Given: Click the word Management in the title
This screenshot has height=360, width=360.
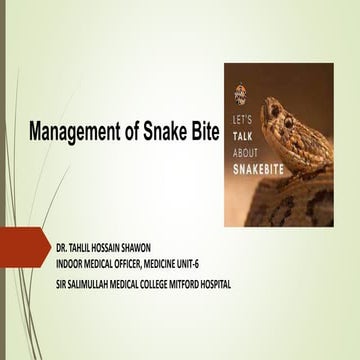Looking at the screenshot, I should click(73, 132).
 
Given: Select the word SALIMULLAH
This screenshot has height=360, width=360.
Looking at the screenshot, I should click(88, 284).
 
